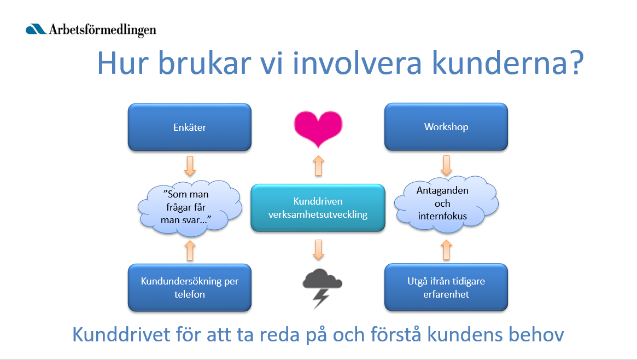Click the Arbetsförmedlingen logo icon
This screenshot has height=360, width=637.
[37, 29]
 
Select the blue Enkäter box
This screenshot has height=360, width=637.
[189, 127]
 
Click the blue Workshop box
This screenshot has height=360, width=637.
[446, 127]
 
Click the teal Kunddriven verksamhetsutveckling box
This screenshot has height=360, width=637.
[318, 208]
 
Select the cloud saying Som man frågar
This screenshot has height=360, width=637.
[190, 207]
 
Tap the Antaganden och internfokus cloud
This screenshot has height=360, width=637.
[446, 204]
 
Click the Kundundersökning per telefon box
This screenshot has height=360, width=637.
[189, 288]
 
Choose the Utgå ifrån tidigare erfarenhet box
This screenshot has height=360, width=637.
[446, 288]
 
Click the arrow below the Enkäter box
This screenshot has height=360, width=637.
[190, 166]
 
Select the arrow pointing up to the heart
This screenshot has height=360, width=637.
[318, 166]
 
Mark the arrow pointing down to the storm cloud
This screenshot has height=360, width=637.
[319, 249]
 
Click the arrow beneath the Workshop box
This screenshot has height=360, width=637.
[446, 164]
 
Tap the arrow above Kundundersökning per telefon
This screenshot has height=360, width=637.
[190, 250]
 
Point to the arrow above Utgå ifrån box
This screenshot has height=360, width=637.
[446, 250]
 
